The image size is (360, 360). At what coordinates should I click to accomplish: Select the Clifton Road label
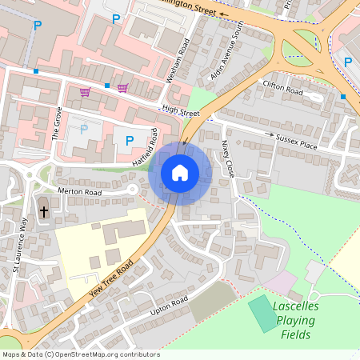point(283,91)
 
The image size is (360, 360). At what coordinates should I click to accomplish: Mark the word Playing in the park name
point(296,321)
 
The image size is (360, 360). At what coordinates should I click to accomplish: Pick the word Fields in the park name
point(297,335)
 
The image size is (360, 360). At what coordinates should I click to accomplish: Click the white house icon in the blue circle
point(180,172)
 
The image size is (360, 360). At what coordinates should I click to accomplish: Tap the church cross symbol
point(43,213)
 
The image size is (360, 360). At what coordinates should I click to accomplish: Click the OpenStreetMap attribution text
point(81,354)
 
